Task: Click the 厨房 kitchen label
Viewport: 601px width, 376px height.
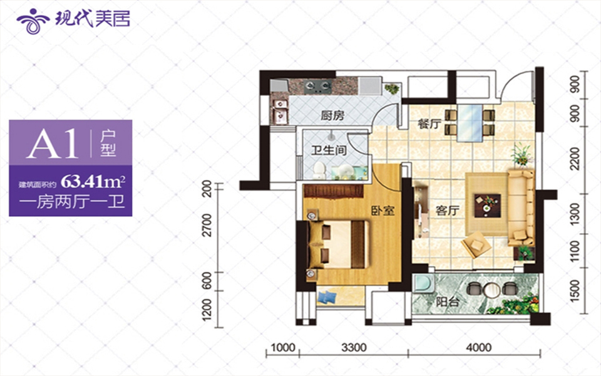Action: tap(332, 115)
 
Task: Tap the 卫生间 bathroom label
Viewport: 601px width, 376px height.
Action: tap(329, 150)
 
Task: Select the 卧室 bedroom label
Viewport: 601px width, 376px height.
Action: tap(383, 210)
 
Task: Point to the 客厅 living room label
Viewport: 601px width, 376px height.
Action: tap(447, 210)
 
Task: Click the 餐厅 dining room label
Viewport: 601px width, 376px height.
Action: tap(429, 123)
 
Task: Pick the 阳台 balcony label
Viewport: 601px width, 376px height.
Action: tap(447, 301)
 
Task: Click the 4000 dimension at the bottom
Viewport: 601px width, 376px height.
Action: tap(479, 348)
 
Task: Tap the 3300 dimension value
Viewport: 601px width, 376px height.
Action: tap(354, 348)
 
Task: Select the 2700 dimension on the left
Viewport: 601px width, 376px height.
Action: tap(207, 225)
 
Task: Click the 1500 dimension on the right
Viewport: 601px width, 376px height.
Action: tap(575, 290)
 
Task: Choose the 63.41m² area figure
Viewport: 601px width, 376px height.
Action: tap(93, 180)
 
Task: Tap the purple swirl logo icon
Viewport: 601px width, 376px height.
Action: tap(33, 21)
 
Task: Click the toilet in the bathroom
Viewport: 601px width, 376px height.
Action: tap(319, 170)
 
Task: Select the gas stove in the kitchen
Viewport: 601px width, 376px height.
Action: tap(318, 86)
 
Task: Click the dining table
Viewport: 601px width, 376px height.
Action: tap(470, 123)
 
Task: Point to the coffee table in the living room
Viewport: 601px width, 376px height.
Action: tap(487, 204)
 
